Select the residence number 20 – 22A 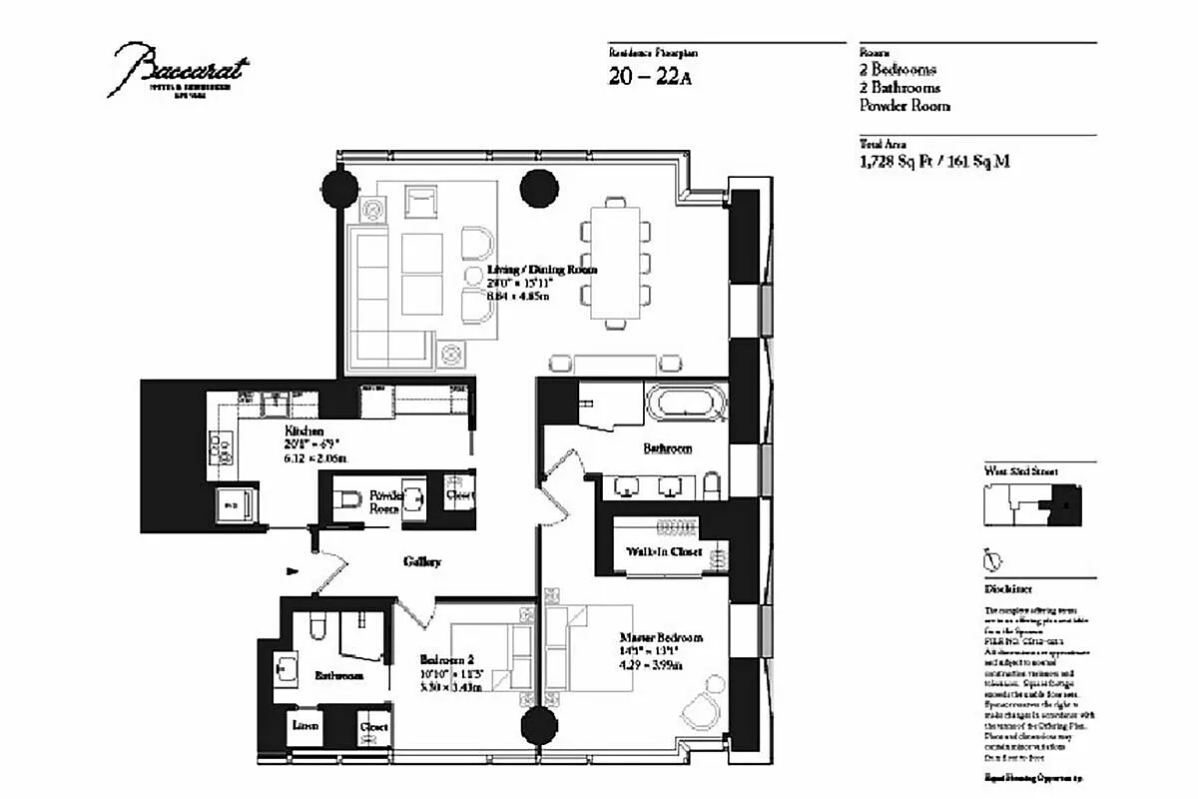click(x=649, y=77)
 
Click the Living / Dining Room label click(x=542, y=270)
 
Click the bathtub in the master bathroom click(x=685, y=408)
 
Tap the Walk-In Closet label click(x=664, y=551)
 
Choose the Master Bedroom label click(x=660, y=637)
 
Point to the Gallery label click(x=422, y=562)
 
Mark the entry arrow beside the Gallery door click(x=292, y=571)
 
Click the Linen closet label click(x=304, y=726)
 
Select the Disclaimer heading click(x=1008, y=589)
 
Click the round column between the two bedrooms click(x=539, y=723)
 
